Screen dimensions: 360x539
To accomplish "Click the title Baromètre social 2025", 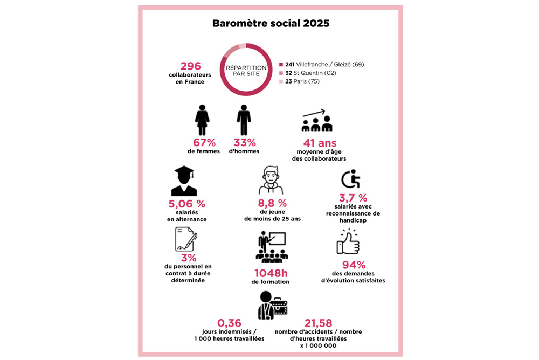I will (x=271, y=24).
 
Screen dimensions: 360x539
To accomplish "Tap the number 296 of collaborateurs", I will (x=190, y=66).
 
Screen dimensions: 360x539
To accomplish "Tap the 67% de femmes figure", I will (x=204, y=143).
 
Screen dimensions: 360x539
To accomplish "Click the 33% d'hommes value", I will (x=244, y=143).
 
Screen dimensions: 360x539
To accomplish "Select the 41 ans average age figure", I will (x=320, y=143).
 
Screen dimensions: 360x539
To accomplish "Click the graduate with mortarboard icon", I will (x=184, y=181).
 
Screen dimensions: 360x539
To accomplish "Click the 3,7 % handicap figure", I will (x=353, y=197).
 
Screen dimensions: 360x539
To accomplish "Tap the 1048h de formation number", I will (x=270, y=273).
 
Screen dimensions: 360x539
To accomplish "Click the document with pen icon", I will (x=185, y=239).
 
